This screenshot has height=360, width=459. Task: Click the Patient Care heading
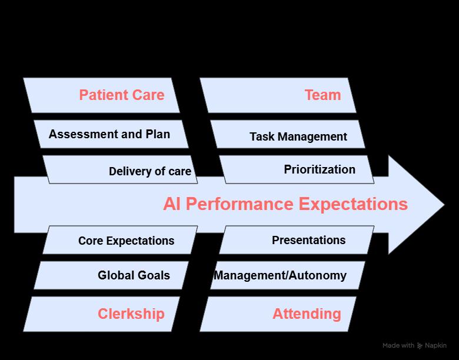tap(122, 95)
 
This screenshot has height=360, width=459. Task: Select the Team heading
tap(322, 95)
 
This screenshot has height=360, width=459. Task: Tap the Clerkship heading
tap(131, 314)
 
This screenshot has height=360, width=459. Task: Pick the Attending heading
tap(307, 314)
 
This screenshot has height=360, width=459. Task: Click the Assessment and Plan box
tap(109, 134)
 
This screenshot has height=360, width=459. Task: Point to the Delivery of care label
tap(150, 172)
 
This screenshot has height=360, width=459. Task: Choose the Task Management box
tap(298, 136)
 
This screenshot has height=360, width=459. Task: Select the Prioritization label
tap(320, 169)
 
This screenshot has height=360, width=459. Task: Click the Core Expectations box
tap(126, 241)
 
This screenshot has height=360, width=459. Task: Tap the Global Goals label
tap(134, 275)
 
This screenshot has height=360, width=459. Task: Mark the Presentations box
tap(308, 240)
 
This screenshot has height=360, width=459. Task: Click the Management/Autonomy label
tap(280, 275)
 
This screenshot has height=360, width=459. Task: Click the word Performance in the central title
tap(240, 204)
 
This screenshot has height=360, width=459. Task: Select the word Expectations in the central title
tap(353, 204)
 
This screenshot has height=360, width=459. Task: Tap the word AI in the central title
tap(172, 204)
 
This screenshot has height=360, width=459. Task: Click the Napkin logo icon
tap(420, 346)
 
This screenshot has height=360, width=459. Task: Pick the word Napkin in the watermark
tap(435, 346)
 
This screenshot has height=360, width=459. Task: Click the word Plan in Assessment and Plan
tap(158, 134)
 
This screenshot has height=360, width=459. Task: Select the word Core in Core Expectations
tap(90, 241)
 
